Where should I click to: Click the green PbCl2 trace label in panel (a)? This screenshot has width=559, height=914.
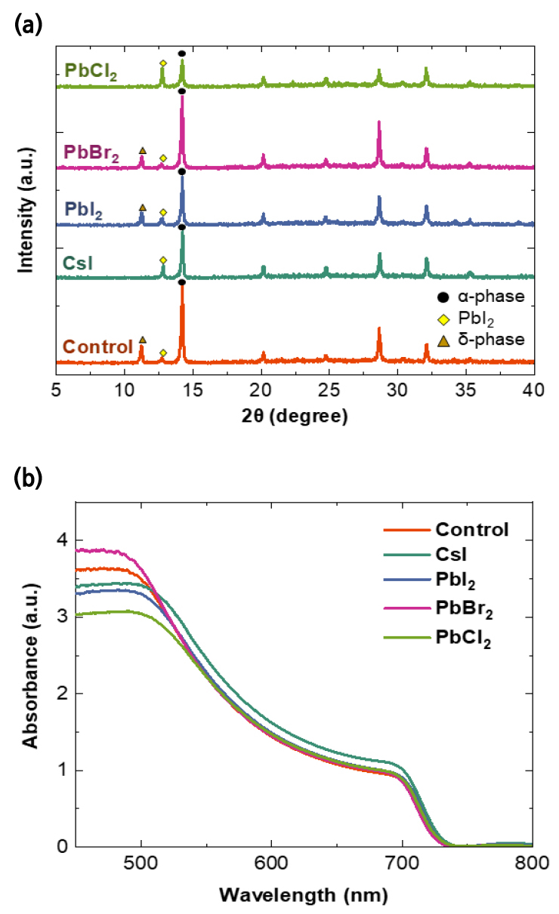coord(91,72)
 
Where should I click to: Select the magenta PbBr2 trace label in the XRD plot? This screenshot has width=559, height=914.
coord(91,153)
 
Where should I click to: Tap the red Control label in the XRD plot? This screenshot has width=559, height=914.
coord(98,347)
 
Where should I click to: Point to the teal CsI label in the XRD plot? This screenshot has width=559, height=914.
coord(78,263)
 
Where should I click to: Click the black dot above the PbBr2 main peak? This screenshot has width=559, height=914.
coord(182,91)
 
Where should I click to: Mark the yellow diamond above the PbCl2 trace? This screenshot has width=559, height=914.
coord(163,63)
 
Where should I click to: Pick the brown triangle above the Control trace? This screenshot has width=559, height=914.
coord(143,340)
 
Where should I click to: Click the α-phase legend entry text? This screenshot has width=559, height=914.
coord(491,297)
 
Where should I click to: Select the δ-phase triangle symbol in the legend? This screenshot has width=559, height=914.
coord(443,340)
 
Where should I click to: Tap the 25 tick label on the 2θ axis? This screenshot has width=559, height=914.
coord(329,390)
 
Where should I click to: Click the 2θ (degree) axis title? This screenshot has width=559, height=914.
coord(295,416)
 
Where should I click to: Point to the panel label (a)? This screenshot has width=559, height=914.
coord(28,26)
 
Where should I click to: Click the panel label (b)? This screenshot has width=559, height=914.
coord(28,479)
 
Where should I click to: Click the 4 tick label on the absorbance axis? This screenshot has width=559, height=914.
coord(63,540)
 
